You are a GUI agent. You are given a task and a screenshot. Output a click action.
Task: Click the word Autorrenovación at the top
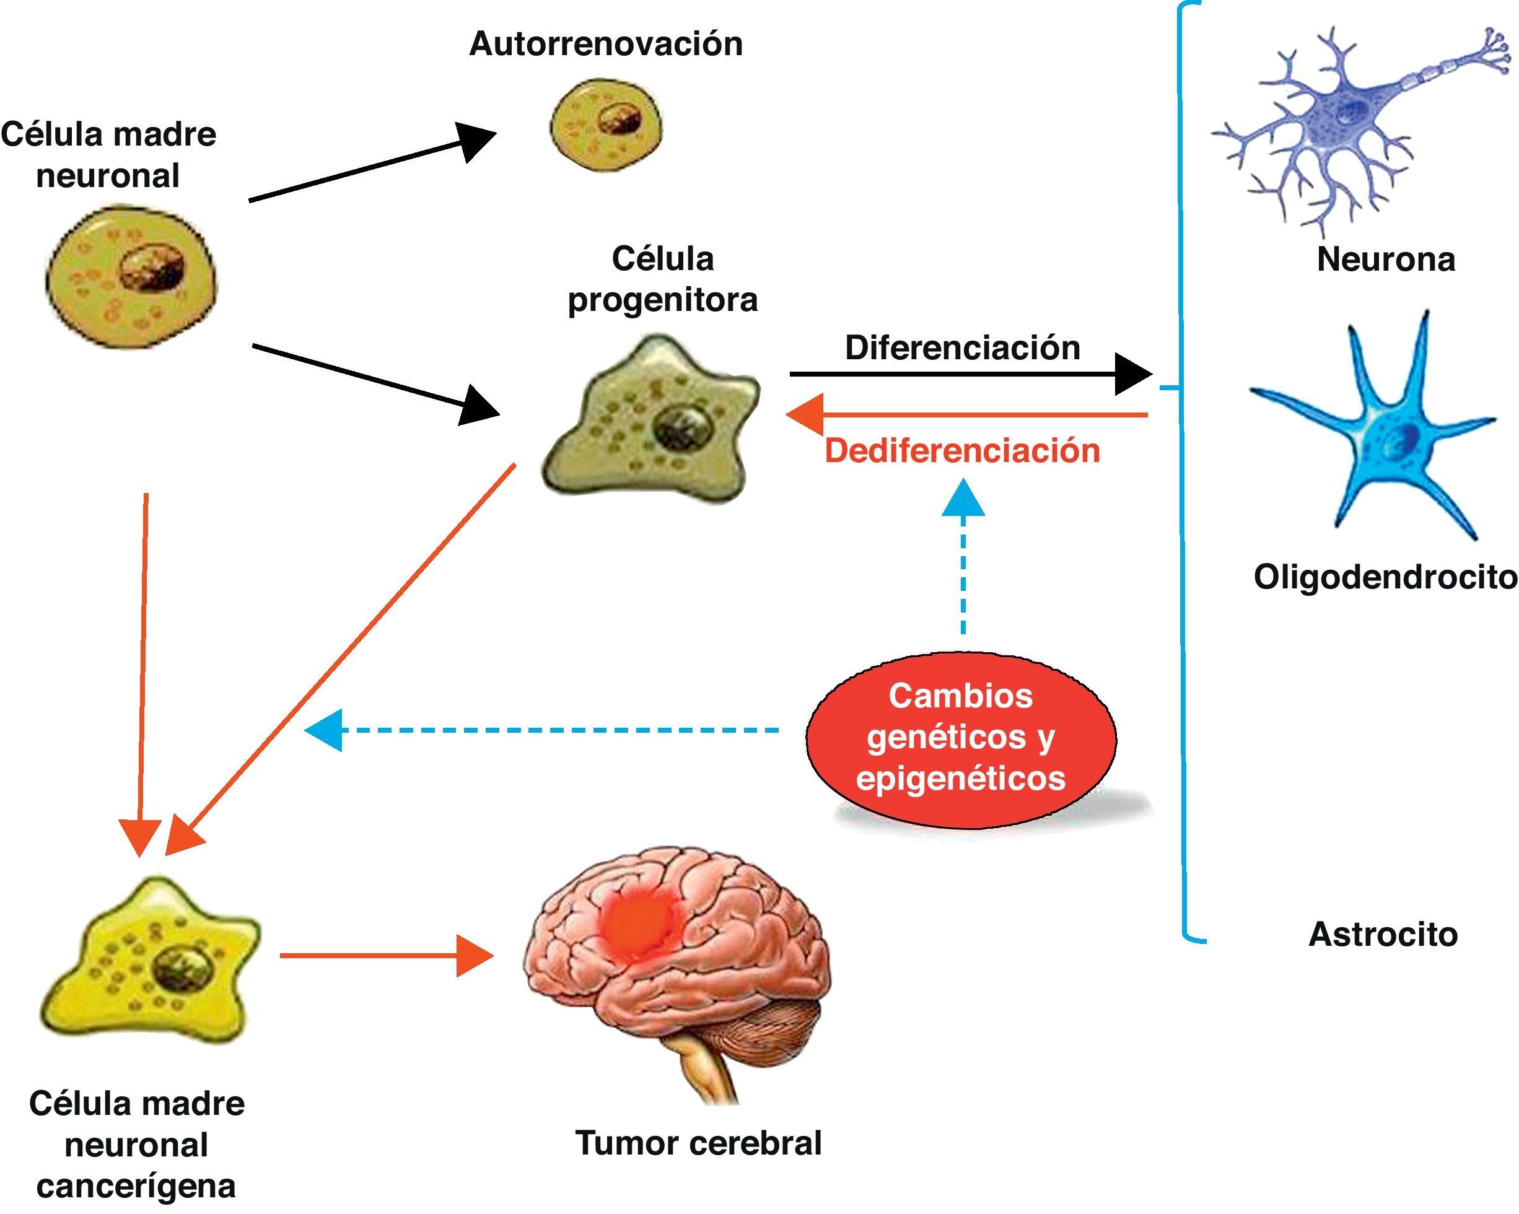[606, 44]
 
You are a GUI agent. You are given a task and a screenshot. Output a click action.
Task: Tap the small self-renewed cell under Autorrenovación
[606, 127]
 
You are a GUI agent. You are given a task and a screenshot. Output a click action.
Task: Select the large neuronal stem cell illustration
[132, 276]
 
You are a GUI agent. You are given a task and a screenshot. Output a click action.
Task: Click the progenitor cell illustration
[652, 419]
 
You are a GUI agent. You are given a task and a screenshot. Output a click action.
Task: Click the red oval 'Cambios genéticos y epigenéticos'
[960, 738]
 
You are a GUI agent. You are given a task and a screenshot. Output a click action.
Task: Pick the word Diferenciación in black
[963, 348]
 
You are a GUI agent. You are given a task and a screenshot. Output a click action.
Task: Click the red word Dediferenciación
[963, 451]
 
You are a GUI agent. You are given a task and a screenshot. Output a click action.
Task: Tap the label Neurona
[1386, 260]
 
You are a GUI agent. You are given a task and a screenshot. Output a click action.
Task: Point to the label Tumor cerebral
[698, 1143]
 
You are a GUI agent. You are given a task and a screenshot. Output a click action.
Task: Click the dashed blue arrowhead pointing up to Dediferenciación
[963, 498]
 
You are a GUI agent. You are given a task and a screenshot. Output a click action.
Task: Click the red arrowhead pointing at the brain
[473, 956]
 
